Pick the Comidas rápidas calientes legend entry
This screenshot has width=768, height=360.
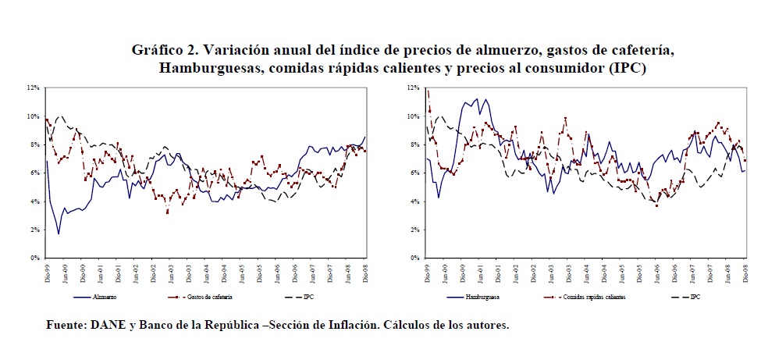click(595, 298)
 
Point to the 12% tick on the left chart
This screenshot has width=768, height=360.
click(34, 88)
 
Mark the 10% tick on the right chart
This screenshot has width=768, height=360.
click(414, 116)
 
